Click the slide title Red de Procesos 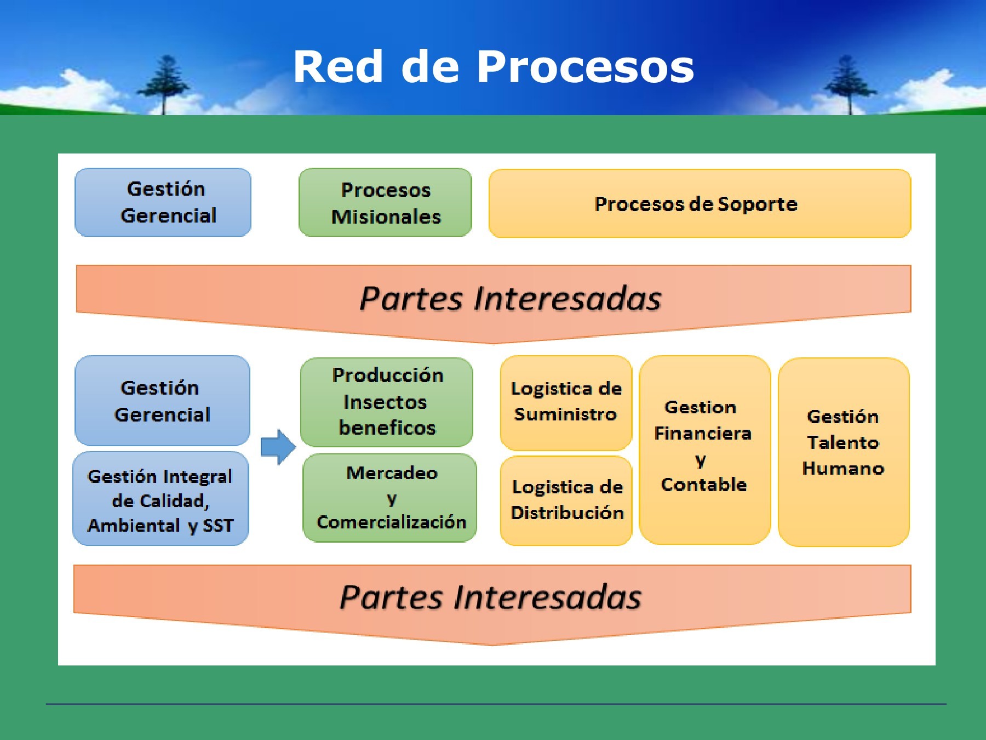493,67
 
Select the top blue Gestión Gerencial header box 163,202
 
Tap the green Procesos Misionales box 385,203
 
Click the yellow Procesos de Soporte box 699,204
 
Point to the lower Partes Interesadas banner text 490,597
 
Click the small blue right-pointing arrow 278,447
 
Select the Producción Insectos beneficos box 387,402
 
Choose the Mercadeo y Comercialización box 390,498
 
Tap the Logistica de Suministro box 566,402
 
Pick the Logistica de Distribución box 566,500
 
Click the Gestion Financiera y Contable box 704,449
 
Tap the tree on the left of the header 165,82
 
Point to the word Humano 843,469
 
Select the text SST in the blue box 218,526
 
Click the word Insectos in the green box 385,402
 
